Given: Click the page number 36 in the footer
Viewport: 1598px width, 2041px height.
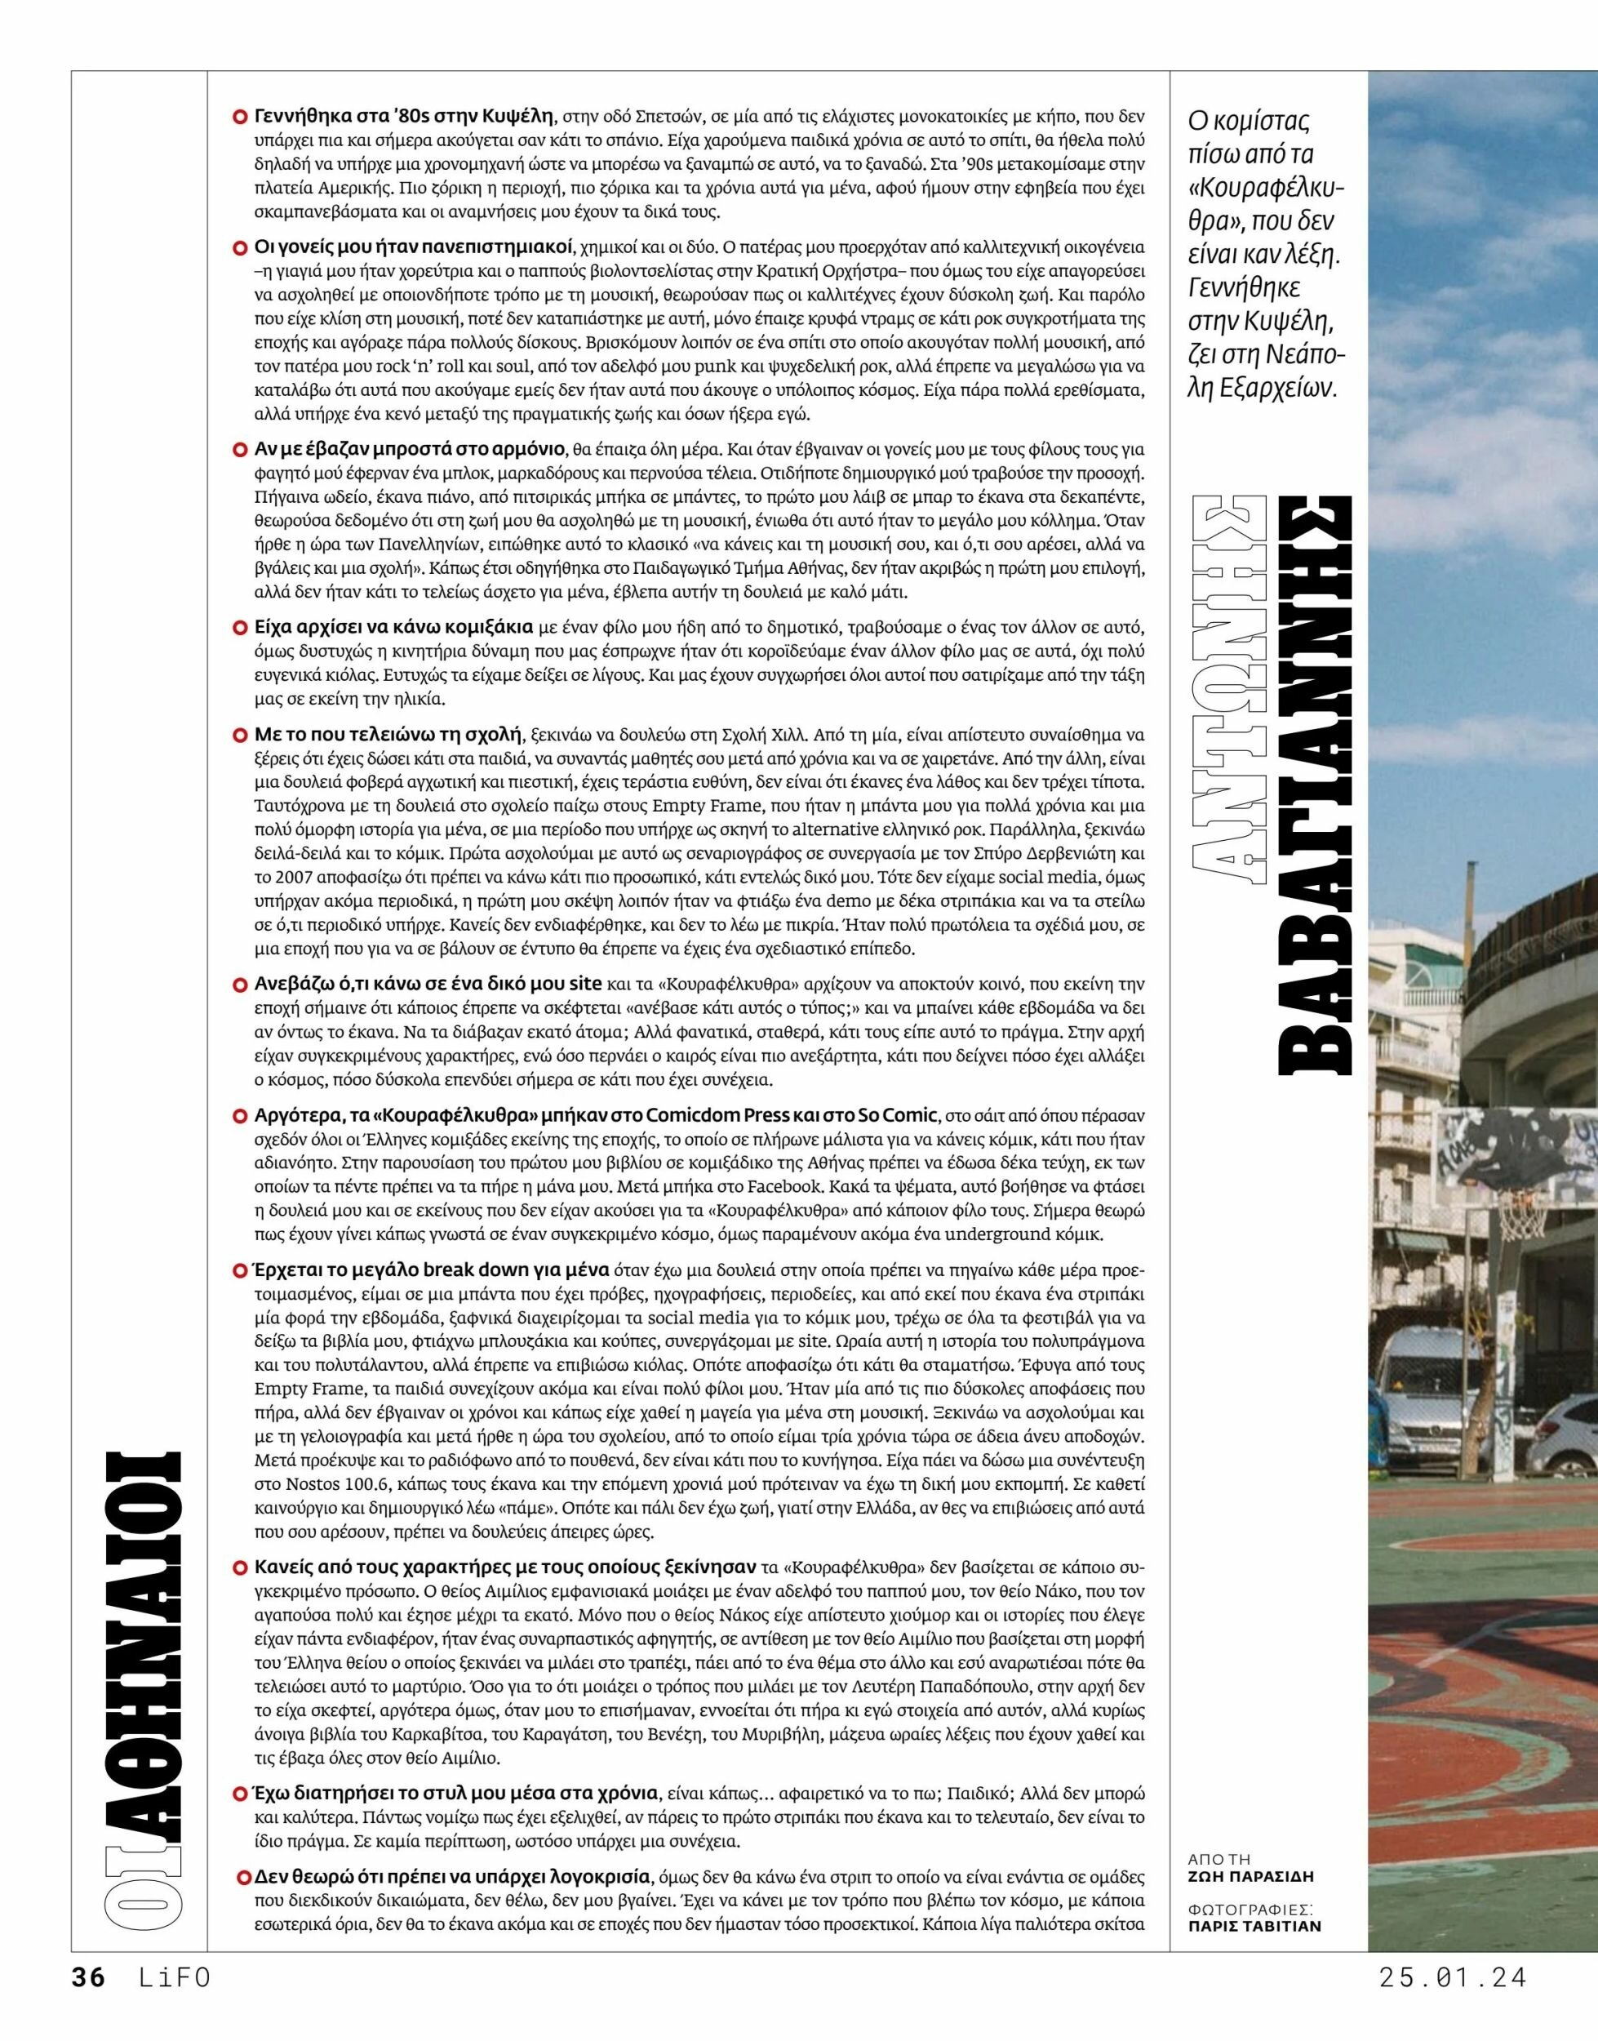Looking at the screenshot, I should (x=89, y=1996).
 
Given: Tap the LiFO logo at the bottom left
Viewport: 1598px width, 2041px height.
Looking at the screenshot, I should (x=173, y=1996).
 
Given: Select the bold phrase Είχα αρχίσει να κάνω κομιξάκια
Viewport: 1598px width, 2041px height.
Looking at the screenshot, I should (x=394, y=626).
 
